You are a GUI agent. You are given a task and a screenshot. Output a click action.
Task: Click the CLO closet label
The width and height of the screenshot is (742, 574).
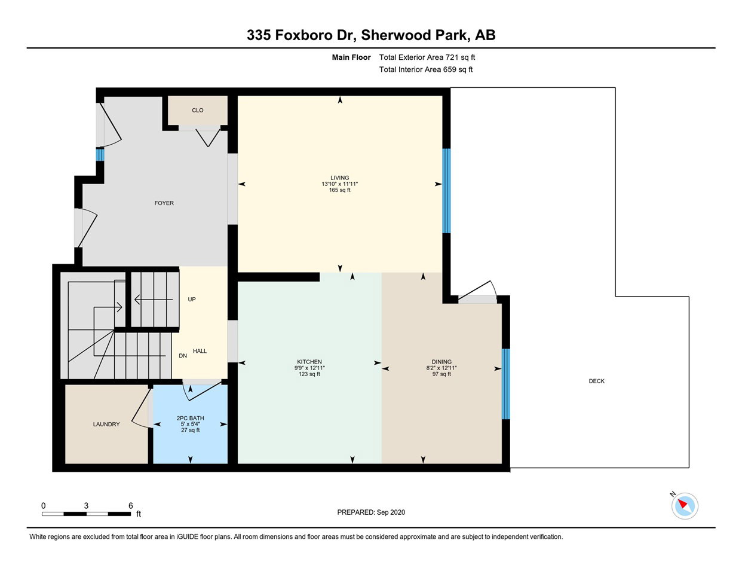click(x=197, y=110)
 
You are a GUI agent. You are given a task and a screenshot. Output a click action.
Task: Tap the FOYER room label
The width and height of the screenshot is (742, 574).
click(x=164, y=203)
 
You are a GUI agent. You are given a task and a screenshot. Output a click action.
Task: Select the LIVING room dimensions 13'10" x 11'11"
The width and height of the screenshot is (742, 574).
click(x=339, y=184)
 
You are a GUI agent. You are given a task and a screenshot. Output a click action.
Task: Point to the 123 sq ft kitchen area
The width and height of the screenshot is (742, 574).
click(x=309, y=374)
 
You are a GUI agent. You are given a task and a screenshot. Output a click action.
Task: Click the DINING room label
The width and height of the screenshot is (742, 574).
click(x=441, y=362)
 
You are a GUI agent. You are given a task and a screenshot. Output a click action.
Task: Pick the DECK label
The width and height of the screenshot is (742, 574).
click(x=597, y=381)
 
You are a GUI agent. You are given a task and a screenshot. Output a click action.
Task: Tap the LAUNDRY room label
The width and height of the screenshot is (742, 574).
click(x=106, y=424)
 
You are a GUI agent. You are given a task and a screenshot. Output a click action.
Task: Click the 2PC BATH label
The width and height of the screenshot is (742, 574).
click(x=190, y=418)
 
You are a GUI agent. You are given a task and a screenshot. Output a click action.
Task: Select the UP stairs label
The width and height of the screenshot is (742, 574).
click(x=192, y=300)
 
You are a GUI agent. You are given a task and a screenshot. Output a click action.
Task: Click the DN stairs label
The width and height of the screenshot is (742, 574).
click(x=183, y=356)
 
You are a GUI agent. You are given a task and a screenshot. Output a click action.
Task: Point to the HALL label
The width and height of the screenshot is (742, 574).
click(x=200, y=351)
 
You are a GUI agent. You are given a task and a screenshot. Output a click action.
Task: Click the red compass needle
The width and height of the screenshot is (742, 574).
click(x=682, y=503)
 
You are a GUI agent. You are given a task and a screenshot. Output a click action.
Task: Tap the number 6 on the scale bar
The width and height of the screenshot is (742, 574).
click(x=130, y=505)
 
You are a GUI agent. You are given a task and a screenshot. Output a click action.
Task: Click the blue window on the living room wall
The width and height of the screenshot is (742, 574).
click(x=446, y=191)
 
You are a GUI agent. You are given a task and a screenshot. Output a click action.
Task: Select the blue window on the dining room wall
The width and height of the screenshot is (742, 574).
click(x=505, y=384)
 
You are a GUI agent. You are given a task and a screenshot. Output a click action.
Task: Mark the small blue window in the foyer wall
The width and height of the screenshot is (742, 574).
click(x=100, y=154)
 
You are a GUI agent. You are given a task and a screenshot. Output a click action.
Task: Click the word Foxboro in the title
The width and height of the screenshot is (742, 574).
click(x=303, y=35)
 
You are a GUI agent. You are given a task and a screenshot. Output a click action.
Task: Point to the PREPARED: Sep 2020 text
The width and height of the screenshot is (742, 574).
click(x=371, y=512)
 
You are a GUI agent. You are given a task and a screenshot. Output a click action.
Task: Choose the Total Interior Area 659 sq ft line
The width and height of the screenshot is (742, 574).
click(x=426, y=69)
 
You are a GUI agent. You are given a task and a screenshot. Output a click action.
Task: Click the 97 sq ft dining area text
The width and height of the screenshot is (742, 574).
click(x=441, y=374)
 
